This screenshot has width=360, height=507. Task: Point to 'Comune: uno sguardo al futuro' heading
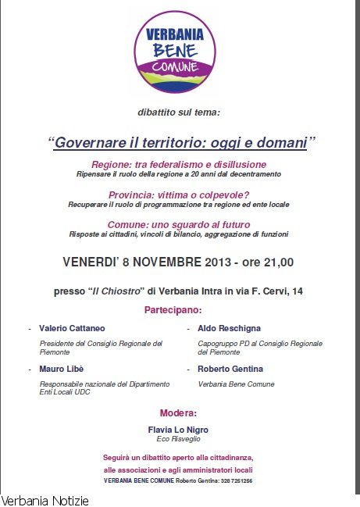178,224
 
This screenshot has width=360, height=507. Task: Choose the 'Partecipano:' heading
178,310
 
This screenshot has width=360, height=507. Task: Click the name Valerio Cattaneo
72,329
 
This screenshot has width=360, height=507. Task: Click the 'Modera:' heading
178,412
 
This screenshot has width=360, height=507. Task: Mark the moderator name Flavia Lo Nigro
178,430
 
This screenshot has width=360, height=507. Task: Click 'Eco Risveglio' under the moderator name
178,439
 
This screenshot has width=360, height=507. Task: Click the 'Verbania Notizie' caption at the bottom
45,499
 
